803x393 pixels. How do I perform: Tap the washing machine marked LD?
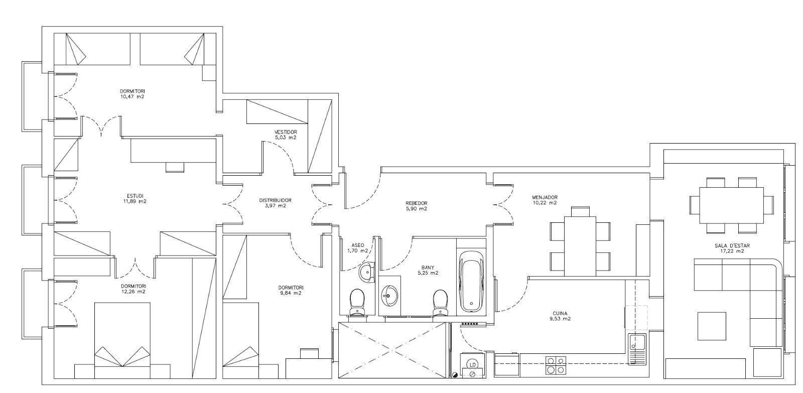click(472, 365)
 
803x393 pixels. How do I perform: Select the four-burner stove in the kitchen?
click(556, 365)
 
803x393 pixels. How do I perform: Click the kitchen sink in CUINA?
click(637, 349)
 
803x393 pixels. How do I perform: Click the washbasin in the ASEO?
click(367, 273)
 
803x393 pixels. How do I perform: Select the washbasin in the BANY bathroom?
click(389, 296)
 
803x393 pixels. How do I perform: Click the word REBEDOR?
click(416, 203)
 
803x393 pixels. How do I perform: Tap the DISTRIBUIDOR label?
click(275, 200)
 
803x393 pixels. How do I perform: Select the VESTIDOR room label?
click(286, 132)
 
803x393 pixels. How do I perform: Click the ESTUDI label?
click(135, 196)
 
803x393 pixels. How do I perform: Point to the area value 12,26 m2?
click(133, 292)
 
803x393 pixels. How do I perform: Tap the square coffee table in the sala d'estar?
click(712, 326)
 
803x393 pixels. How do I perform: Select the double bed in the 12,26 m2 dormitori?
click(122, 340)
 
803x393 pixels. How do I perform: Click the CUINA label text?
click(560, 313)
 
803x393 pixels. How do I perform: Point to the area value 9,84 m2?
click(291, 293)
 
